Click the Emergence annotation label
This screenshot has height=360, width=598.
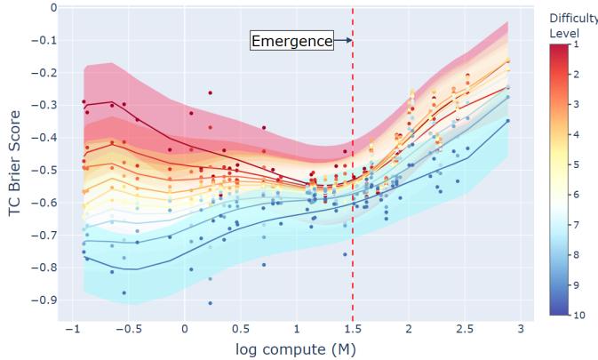[291, 41]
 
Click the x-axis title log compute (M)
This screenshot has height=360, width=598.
[295, 348]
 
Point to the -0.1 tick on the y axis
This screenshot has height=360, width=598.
[44, 41]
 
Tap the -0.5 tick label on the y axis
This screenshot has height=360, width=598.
[44, 171]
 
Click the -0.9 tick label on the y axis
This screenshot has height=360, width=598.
[44, 300]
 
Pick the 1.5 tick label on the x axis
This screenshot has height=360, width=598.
[353, 330]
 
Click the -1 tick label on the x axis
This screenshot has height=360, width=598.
[71, 330]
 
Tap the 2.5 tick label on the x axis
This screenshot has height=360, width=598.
[465, 330]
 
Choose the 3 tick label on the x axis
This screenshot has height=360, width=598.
[521, 330]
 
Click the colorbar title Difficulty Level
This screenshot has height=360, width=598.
[572, 26]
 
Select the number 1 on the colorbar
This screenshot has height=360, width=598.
[576, 44]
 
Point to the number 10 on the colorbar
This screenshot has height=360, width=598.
[578, 315]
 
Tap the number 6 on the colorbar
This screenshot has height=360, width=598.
[576, 194]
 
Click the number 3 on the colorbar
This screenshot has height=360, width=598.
[576, 104]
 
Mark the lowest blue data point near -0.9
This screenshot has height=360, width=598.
[210, 303]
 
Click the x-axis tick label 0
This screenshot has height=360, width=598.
[185, 330]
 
